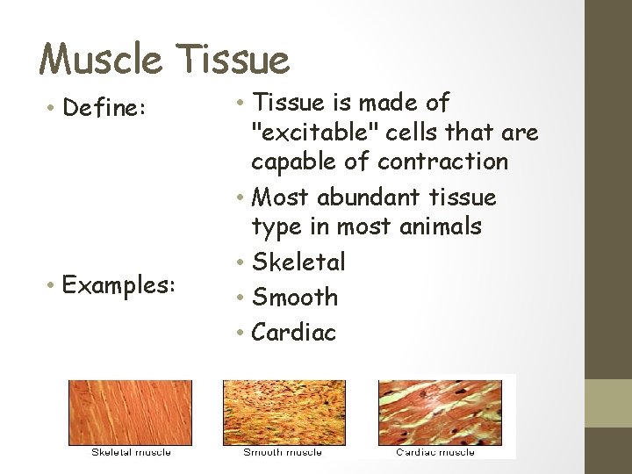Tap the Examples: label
[119, 285]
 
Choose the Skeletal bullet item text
[298, 262]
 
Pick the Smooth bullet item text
[295, 298]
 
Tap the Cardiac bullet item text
[294, 333]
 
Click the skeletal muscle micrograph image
[130, 413]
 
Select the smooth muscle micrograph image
[284, 413]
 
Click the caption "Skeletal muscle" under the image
[131, 452]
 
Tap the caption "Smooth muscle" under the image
[283, 452]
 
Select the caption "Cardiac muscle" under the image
[435, 452]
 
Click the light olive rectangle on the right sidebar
[608, 403]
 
